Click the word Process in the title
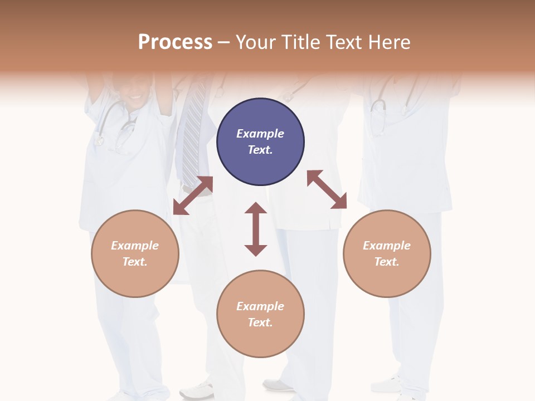tap(175, 42)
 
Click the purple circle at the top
tap(260, 142)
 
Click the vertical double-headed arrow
tap(256, 229)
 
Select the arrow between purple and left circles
tap(193, 195)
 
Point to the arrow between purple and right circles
tap(327, 189)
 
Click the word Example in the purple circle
tap(260, 134)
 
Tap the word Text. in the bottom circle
tap(260, 322)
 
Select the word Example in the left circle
tap(135, 246)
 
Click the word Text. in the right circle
tap(387, 262)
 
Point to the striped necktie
tap(193, 134)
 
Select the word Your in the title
tap(257, 42)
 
